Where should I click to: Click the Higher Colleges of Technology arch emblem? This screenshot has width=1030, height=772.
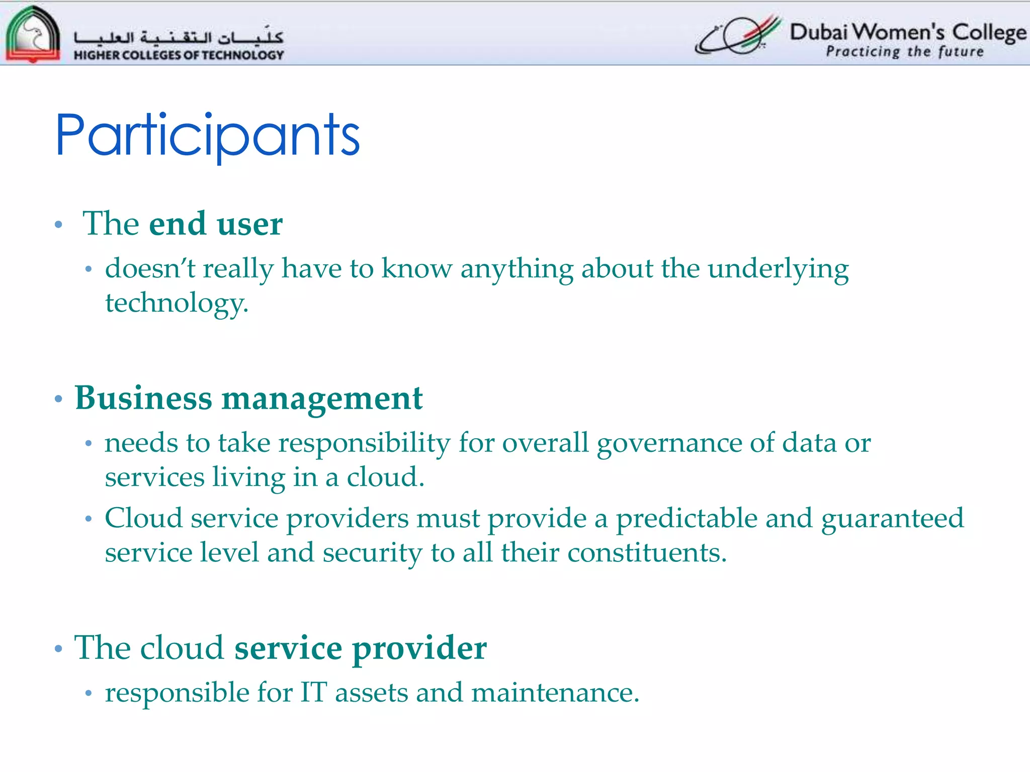coord(33,34)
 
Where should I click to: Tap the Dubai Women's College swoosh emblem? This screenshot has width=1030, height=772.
coord(738,35)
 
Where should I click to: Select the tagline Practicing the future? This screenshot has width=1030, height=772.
coord(904,52)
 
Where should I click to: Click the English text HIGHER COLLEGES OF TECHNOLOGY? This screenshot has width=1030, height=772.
coord(179,55)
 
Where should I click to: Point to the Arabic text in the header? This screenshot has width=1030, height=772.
coord(179,37)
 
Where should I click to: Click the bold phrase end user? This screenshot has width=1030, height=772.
coord(216,224)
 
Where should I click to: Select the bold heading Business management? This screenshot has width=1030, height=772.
coord(248,398)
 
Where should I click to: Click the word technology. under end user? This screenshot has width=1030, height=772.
coord(177,303)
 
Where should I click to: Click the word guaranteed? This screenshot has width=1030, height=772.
coord(892,518)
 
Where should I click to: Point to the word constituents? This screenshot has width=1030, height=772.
coord(647,552)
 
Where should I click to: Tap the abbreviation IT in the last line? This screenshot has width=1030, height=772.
coord(313,693)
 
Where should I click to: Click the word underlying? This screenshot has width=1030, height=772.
coord(778,269)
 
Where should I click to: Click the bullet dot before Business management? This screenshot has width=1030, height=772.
coord(58,399)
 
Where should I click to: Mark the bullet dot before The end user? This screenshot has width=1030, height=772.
coord(58,225)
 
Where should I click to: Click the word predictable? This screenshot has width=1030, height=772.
coord(686,518)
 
